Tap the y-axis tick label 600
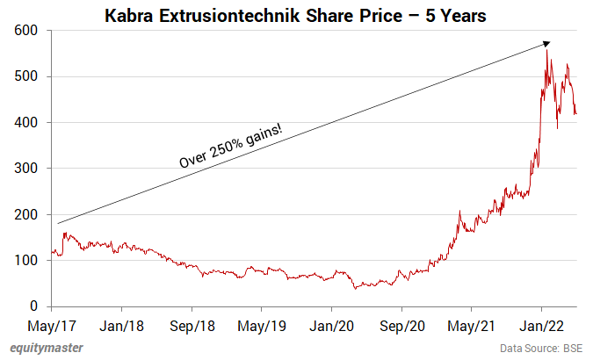(25, 31)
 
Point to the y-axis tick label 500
(25, 76)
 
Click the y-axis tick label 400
(25, 123)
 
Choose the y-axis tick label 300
(25, 169)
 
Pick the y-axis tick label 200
(25, 214)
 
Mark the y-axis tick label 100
(25, 261)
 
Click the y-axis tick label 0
(33, 306)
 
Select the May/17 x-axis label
(52, 325)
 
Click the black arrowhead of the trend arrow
(546, 43)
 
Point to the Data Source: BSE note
(540, 349)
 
